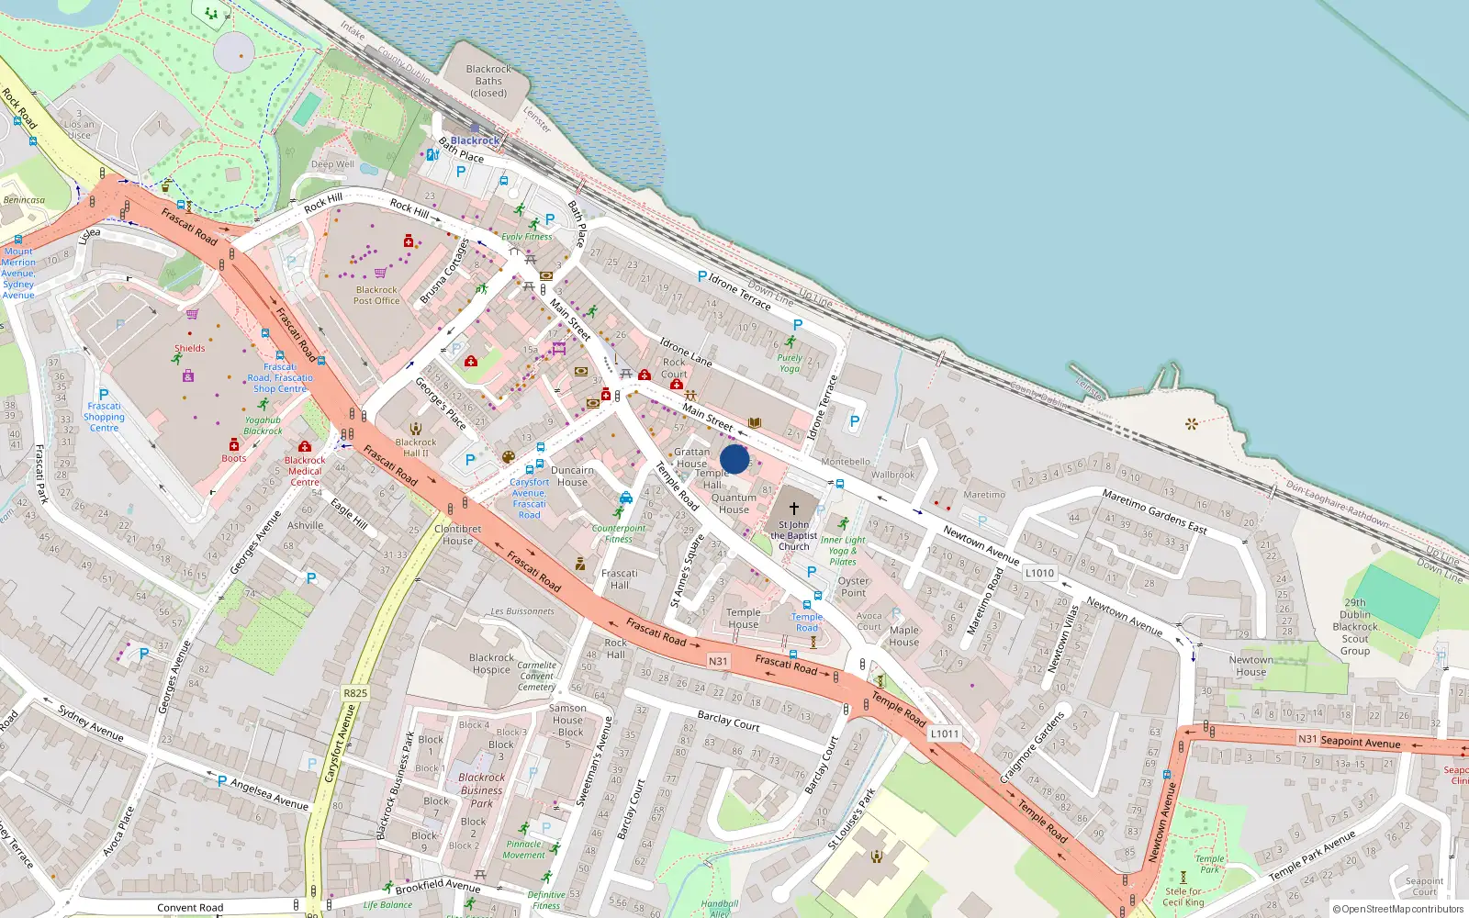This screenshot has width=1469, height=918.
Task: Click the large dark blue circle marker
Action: pyautogui.click(x=734, y=459)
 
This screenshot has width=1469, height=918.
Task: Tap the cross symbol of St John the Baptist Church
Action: pyautogui.click(x=794, y=508)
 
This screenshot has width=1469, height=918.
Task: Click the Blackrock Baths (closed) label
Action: pyautogui.click(x=488, y=81)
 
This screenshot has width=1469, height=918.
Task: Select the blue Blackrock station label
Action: pyautogui.click(x=475, y=140)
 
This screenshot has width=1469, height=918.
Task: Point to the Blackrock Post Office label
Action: pyautogui.click(x=376, y=295)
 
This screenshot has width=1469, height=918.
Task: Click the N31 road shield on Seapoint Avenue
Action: pyautogui.click(x=1306, y=739)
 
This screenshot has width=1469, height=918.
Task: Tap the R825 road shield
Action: pyautogui.click(x=355, y=693)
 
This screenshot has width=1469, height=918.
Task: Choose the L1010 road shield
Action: pyautogui.click(x=1039, y=573)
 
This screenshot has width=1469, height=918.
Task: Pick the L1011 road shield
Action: pyautogui.click(x=944, y=733)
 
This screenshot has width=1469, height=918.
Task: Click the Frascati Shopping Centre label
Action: pyautogui.click(x=104, y=417)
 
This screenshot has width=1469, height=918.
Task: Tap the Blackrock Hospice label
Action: pyautogui.click(x=491, y=664)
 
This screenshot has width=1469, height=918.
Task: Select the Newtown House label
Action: pyautogui.click(x=1250, y=666)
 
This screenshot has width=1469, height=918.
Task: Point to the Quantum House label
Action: pyautogui.click(x=734, y=503)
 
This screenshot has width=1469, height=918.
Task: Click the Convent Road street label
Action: pyautogui.click(x=190, y=908)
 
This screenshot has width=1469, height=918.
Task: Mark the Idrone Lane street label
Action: pyautogui.click(x=686, y=352)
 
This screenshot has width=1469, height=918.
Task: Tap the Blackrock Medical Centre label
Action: pyautogui.click(x=305, y=471)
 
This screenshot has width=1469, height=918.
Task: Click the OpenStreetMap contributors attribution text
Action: pyautogui.click(x=1397, y=910)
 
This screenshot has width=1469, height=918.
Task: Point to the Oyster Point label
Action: pyautogui.click(x=853, y=587)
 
